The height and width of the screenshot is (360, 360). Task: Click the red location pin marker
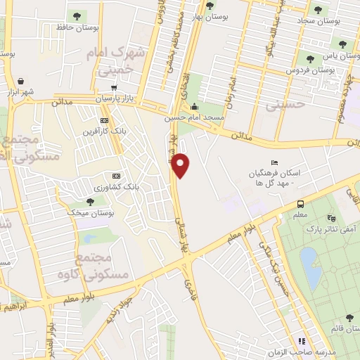pos(181,165)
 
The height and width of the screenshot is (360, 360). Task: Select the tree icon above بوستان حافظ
pos(77,15)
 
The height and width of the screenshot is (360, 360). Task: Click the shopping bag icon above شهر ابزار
pos(21,80)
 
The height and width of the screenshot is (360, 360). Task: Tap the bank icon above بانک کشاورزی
pos(116,176)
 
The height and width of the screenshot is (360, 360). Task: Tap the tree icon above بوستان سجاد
pos(319,10)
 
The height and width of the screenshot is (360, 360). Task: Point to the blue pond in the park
pos(310,267)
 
